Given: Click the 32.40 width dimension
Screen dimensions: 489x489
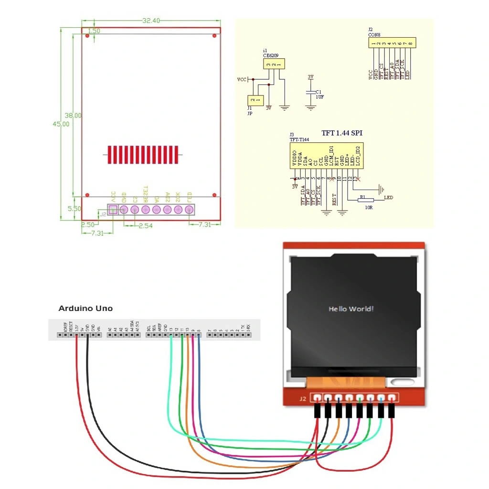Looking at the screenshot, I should [151, 21].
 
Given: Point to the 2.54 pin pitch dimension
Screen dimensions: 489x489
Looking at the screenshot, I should [145, 225].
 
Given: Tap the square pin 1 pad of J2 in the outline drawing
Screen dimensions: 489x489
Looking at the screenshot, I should [113, 209].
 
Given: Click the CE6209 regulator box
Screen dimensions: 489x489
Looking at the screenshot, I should [274, 63].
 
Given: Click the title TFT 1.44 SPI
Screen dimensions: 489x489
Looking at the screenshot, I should [341, 133].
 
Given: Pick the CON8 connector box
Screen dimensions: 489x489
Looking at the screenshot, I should [391, 43].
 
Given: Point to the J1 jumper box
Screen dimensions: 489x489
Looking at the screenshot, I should [255, 100].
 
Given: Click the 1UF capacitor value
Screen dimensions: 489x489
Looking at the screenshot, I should [319, 97].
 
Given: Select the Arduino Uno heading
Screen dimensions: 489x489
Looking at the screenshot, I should [85, 308].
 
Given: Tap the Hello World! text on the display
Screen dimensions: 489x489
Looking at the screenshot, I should [351, 309].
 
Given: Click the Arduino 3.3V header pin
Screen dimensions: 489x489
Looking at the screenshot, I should [76, 335].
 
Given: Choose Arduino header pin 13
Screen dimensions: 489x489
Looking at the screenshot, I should [171, 335].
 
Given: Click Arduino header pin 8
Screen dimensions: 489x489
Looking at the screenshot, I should [199, 335].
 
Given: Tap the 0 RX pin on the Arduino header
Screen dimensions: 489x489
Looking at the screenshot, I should [248, 335].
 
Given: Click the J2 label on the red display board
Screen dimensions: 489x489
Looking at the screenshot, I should [302, 399].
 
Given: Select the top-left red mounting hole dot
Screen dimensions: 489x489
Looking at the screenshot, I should [87, 36].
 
